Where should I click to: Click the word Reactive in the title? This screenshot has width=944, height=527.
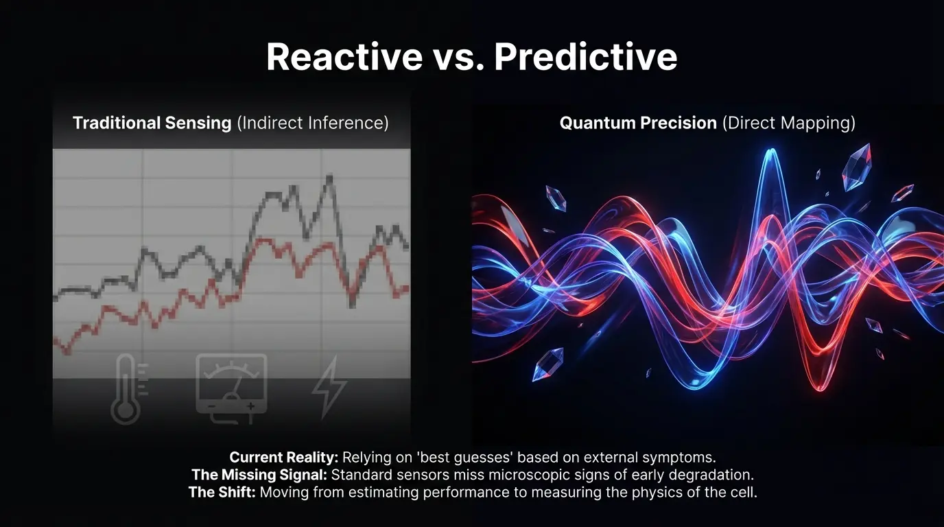click(x=344, y=56)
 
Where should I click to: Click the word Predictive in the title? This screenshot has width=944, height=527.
click(x=586, y=56)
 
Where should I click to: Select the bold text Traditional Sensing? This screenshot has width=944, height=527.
click(x=152, y=123)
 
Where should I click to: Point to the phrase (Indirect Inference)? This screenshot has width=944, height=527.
click(x=313, y=124)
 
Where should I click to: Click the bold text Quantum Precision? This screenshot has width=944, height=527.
click(x=638, y=123)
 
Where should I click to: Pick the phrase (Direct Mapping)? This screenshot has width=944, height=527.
click(x=789, y=124)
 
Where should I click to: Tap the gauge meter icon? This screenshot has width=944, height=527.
click(x=231, y=388)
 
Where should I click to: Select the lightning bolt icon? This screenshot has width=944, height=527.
click(x=329, y=387)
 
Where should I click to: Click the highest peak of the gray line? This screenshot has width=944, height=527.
click(x=329, y=177)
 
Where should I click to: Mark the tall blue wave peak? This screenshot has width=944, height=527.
click(x=771, y=152)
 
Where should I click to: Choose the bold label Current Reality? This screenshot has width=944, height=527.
click(x=283, y=458)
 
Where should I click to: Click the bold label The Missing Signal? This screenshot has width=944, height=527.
click(x=259, y=475)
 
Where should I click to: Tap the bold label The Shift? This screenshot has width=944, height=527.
click(x=222, y=492)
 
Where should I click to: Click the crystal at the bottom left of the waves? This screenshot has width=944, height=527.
click(x=548, y=364)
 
